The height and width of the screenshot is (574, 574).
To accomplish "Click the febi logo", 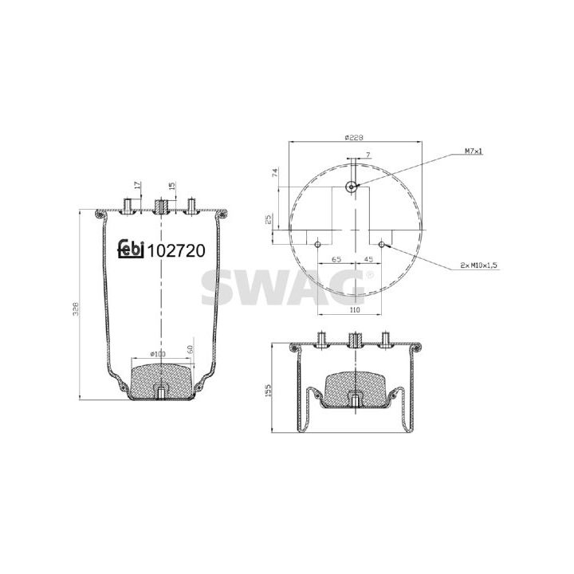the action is tap(130, 249).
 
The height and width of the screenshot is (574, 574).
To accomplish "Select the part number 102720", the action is tap(175, 251).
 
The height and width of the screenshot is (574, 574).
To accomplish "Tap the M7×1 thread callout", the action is tap(474, 151).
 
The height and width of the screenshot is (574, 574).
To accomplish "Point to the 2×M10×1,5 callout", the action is tap(480, 265).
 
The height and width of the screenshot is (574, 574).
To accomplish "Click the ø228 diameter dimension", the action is tap(354, 138).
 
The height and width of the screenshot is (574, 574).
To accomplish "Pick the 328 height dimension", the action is tap(76, 309).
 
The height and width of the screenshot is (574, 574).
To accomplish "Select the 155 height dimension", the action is tap(268, 390).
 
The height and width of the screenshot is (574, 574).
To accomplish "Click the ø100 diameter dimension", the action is tap(158, 354).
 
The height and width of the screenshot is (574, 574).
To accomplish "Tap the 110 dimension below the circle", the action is tap(355, 309).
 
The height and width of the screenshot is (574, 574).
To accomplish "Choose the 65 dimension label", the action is tap(336, 259).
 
